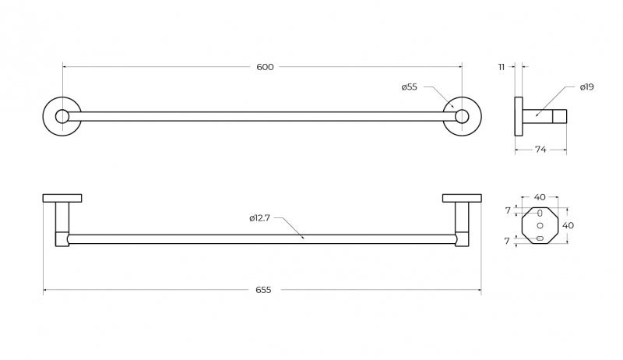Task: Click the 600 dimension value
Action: pos(265,67)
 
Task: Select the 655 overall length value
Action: pos(263,290)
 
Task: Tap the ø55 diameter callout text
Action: pos(410,87)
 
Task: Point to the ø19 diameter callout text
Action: pos(587,87)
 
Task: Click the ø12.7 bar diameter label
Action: pos(260,218)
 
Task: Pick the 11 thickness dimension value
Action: pos(502,68)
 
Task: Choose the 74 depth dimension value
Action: pos(540,150)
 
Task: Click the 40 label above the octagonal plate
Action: pos(540,197)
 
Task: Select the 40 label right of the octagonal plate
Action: pos(568,225)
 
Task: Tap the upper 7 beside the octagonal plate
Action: pos(508,210)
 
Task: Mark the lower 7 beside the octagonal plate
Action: pos(507,241)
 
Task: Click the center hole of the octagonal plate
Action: pos(540,226)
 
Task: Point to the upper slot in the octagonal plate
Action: pos(540,214)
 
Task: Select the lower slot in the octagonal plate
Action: pos(540,238)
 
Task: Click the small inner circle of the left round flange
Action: pos(62,116)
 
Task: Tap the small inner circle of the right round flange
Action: pos(462,116)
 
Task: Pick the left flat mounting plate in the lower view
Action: pos(62,198)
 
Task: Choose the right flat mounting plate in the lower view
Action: pos(462,198)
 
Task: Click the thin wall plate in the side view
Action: pos(519,116)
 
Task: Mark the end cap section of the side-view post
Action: pos(559,116)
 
